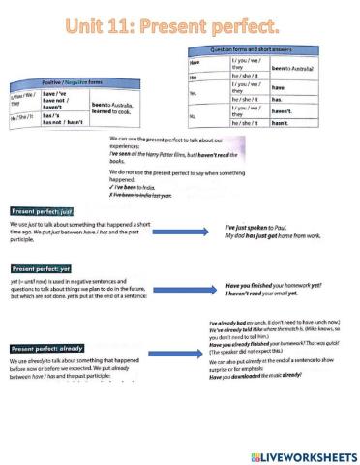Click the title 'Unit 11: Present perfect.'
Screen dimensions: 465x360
coord(180,20)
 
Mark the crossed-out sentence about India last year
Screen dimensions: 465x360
coord(156,195)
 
